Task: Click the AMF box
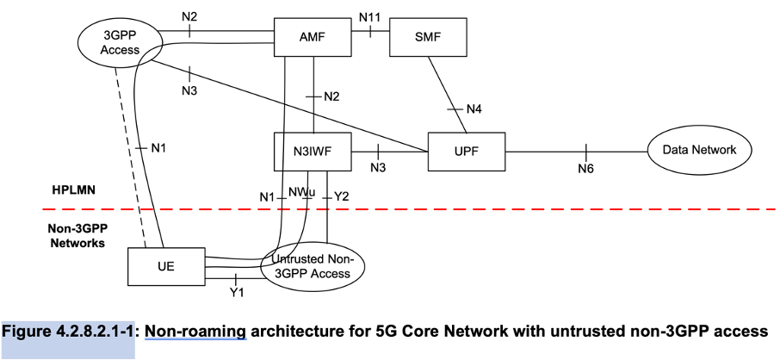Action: click(x=313, y=36)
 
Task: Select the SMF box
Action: click(x=427, y=36)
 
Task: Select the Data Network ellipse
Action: click(x=699, y=151)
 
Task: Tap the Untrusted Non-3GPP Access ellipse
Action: click(x=311, y=267)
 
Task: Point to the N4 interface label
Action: click(x=475, y=109)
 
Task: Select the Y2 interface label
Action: click(x=341, y=197)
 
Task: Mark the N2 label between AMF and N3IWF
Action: click(x=331, y=96)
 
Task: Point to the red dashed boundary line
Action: click(x=517, y=209)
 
